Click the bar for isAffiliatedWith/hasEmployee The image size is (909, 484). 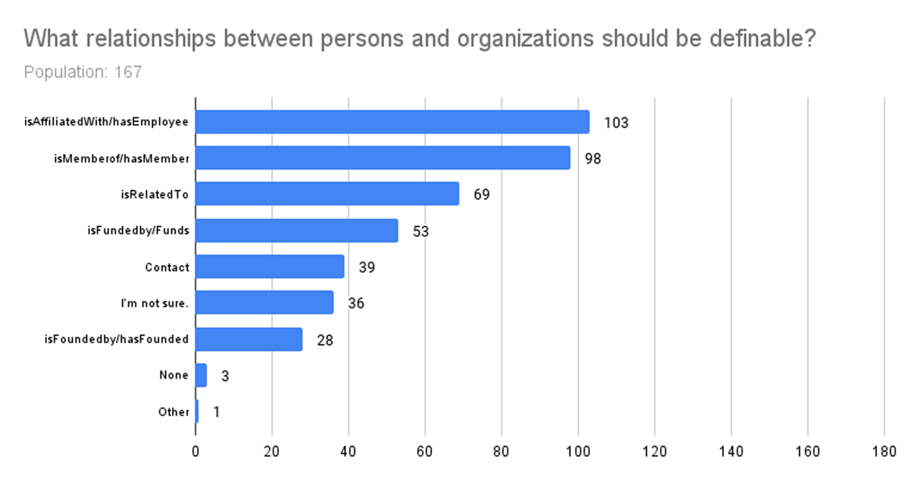(x=392, y=122)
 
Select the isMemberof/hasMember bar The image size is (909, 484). (x=383, y=158)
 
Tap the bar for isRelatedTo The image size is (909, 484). (x=327, y=193)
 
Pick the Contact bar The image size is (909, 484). (x=270, y=267)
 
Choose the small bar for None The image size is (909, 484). (x=201, y=375)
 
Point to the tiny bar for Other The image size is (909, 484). (x=197, y=411)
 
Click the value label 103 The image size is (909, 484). (x=616, y=123)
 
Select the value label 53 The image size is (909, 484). (x=421, y=232)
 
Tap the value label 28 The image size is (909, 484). (x=325, y=340)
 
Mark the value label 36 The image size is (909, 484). (x=356, y=304)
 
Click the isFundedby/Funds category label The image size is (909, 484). (x=139, y=231)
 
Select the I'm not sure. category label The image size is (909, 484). (x=155, y=304)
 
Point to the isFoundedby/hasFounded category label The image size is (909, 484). (x=117, y=339)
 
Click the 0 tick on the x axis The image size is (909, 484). (x=195, y=451)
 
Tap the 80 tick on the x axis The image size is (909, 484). (x=501, y=451)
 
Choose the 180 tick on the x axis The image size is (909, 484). (x=884, y=451)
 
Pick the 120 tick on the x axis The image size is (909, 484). (x=654, y=451)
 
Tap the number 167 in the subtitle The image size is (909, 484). (x=128, y=72)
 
